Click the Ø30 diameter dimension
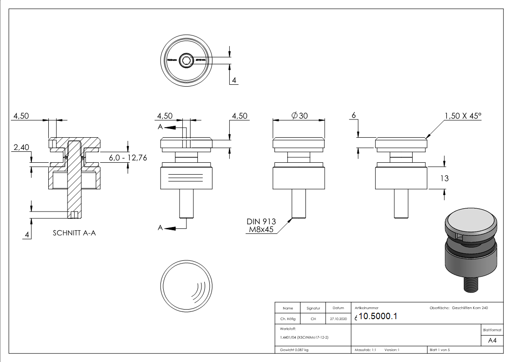point(300,116)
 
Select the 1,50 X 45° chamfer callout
point(463,116)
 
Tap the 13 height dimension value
point(444,179)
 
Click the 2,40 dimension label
point(21,147)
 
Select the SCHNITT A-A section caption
point(74,233)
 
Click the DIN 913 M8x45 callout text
point(261,225)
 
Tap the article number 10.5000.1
point(378,317)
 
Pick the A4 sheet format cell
point(492,340)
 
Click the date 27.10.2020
point(338,319)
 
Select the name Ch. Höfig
point(287,319)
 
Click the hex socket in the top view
point(186,60)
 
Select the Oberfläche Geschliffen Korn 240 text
point(459,308)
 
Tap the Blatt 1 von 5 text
point(440,350)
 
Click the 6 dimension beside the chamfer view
point(353,116)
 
